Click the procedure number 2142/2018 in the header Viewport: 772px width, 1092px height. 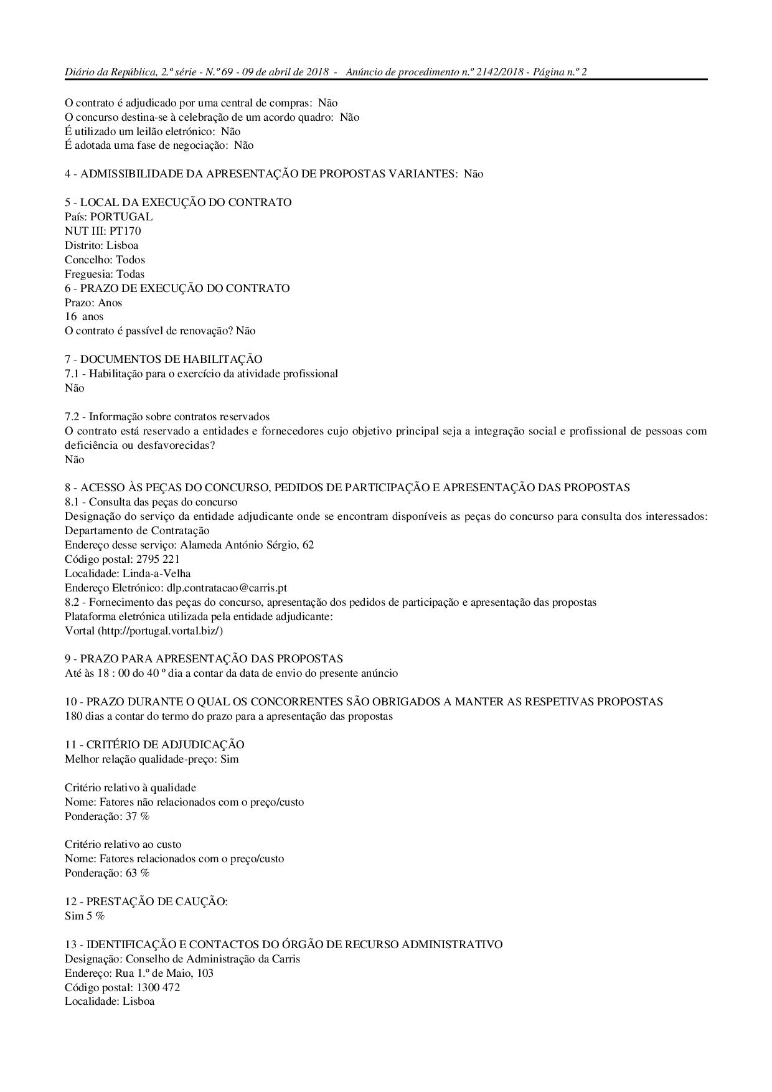click(499, 72)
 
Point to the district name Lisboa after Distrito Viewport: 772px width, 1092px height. click(122, 245)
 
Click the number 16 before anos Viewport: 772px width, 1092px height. click(70, 317)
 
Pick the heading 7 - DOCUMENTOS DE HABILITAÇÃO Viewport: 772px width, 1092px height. click(164, 359)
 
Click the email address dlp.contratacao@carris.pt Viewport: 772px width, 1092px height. click(227, 588)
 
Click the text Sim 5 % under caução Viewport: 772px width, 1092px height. click(85, 916)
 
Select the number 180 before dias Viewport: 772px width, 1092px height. click(73, 716)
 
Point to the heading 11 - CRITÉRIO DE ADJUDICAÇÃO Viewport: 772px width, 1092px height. click(154, 745)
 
